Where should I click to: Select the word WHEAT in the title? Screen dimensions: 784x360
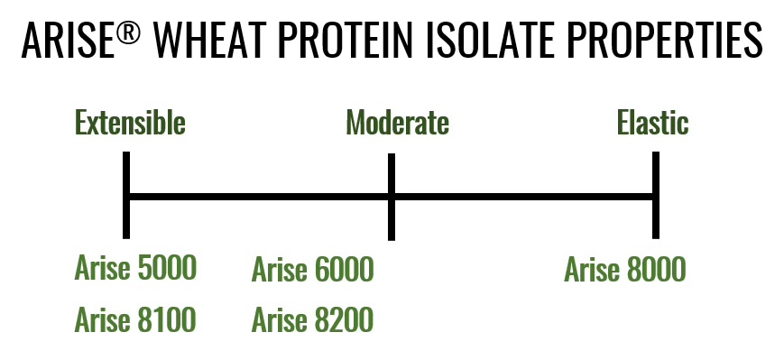[211, 41]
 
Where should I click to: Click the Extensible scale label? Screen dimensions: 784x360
[130, 123]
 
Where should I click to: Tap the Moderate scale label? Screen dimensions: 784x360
[398, 123]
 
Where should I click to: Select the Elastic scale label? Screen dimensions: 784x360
[652, 123]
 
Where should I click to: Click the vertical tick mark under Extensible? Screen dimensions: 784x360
[126, 195]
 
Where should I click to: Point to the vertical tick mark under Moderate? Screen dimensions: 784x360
[392, 197]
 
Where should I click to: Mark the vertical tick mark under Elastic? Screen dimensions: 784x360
[656, 195]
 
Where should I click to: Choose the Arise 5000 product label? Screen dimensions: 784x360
[135, 268]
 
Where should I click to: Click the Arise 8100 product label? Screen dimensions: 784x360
[135, 320]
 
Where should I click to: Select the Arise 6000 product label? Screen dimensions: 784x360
[312, 270]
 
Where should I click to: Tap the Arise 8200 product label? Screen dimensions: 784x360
[312, 320]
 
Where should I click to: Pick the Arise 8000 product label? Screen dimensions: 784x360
[625, 270]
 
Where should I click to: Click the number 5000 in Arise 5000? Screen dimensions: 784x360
[167, 268]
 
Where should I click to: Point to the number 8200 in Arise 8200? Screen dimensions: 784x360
[344, 320]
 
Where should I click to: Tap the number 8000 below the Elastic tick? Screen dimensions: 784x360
[656, 270]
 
